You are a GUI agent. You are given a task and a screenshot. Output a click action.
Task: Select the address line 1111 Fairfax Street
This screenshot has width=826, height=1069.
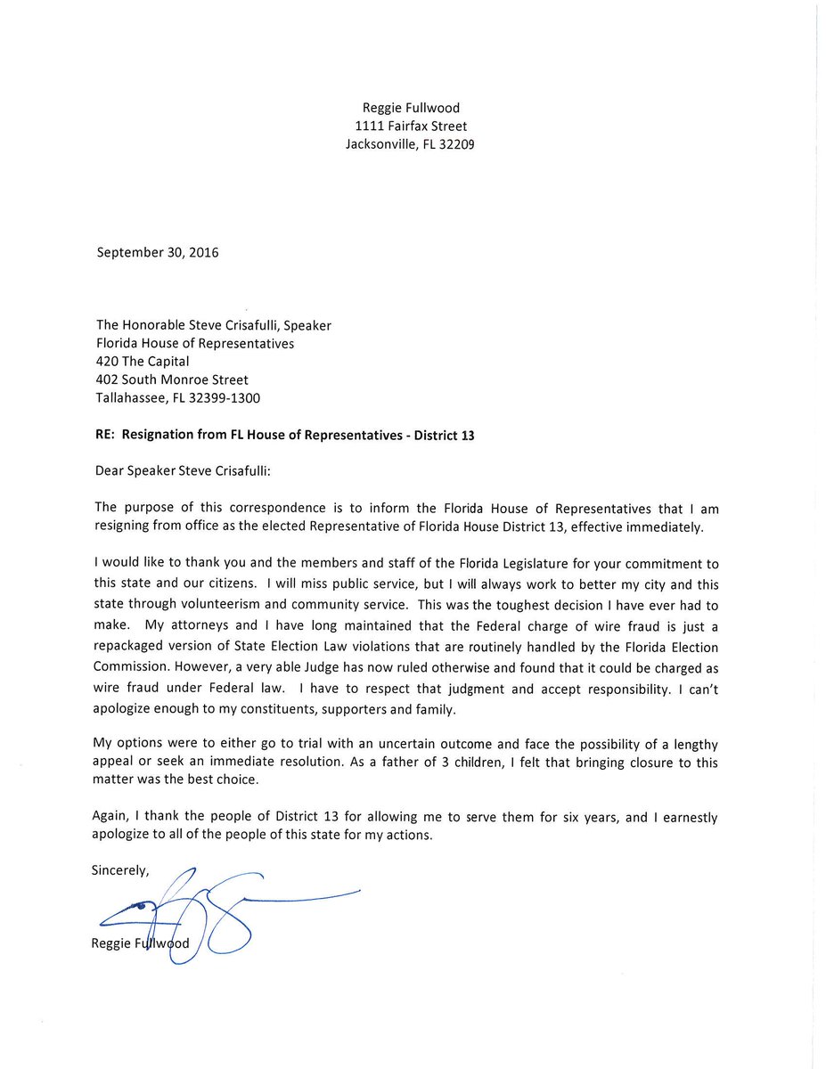pos(410,126)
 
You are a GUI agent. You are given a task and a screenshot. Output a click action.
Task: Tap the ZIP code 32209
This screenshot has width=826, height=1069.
pos(456,143)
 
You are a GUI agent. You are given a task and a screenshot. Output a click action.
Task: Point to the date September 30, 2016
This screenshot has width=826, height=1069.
pos(157,252)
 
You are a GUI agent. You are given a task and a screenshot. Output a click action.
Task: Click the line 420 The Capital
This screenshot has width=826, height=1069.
pos(142,362)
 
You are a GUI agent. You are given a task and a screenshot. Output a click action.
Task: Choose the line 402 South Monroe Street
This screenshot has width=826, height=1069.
pos(172,379)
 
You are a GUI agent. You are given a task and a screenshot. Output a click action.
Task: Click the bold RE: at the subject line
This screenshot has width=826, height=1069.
pos(106,435)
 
